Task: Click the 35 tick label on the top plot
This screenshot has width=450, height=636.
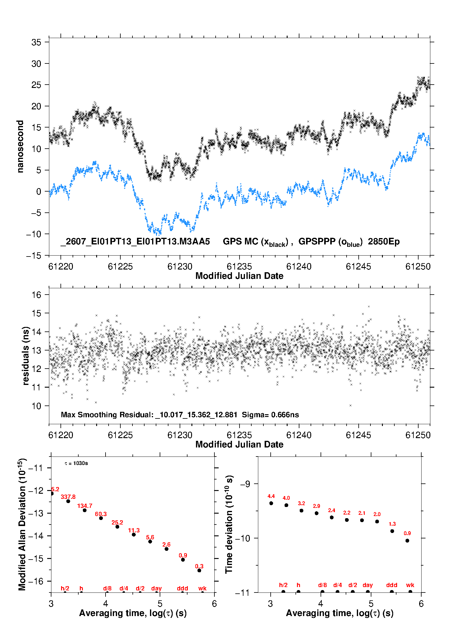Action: click(36, 42)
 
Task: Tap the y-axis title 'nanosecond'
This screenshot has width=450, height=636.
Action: click(20, 147)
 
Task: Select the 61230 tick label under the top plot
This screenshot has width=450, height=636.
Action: click(180, 266)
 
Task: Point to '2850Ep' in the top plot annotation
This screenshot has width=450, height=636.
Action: click(384, 242)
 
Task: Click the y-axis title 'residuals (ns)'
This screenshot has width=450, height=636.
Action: click(26, 356)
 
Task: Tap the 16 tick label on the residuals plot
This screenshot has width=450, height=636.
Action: click(36, 295)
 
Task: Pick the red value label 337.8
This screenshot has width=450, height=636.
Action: click(68, 497)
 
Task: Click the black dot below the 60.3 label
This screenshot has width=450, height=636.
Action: click(101, 518)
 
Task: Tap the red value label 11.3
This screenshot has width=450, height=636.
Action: click(134, 530)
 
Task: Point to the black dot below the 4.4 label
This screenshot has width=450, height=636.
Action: click(271, 503)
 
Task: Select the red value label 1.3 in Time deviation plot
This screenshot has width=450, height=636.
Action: click(392, 524)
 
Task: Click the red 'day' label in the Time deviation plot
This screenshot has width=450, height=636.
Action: click(368, 585)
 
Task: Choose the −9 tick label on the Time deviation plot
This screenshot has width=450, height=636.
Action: click(245, 484)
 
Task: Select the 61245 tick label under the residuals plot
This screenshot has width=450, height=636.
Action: click(358, 435)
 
